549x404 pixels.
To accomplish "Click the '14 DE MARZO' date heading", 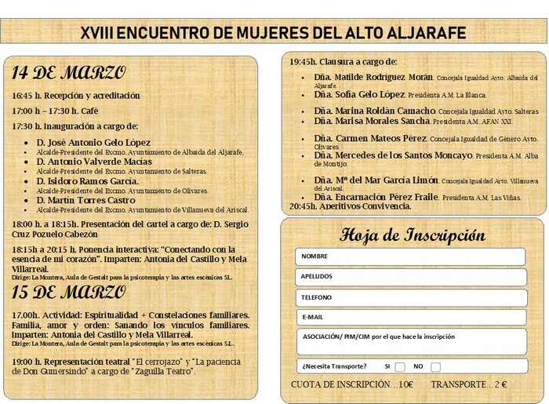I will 68,74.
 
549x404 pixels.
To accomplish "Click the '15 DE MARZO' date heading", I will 68,293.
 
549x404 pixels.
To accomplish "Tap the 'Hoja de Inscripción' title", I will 413,235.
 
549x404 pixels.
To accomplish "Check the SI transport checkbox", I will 400,367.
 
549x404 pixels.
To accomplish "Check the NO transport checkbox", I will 436,367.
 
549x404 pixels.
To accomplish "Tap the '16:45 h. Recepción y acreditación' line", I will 75,96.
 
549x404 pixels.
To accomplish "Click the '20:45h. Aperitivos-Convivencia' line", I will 350,206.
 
